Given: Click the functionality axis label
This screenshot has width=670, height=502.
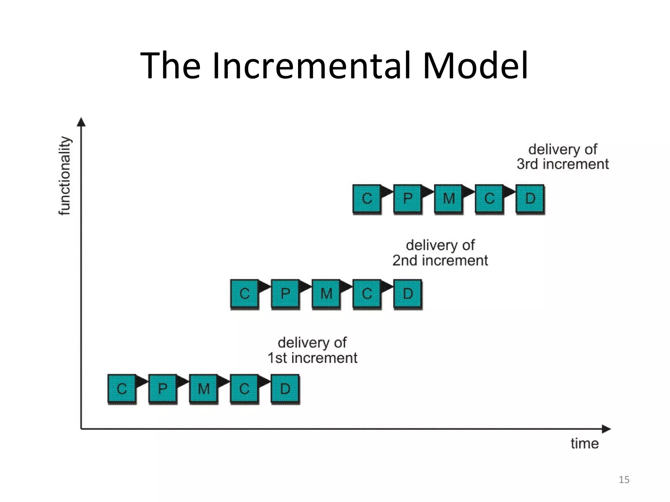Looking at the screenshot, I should click(x=65, y=176).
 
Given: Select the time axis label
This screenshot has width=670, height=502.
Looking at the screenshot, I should click(x=585, y=443).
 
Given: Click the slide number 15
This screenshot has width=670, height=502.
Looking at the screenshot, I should click(x=624, y=479).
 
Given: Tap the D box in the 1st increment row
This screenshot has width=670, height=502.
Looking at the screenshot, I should click(x=285, y=389).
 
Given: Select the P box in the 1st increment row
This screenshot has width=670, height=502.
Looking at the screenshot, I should click(x=163, y=389).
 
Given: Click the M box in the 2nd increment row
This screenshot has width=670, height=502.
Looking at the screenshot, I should click(x=326, y=293).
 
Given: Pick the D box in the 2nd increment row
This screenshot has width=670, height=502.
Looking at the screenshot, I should click(x=408, y=293).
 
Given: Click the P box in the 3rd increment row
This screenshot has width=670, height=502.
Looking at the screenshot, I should click(x=408, y=198).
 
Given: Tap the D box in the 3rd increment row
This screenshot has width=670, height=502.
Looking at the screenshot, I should click(x=530, y=198).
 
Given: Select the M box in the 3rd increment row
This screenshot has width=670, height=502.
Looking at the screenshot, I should click(x=449, y=198).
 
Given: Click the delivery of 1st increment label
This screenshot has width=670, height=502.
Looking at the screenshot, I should click(x=312, y=350).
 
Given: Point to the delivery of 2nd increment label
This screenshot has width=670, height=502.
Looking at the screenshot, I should click(x=440, y=253).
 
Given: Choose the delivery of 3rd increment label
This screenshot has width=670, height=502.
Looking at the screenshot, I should click(x=563, y=157).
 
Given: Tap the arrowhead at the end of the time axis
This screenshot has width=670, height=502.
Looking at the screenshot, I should click(x=606, y=429).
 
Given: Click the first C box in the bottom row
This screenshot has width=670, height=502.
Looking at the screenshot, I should click(x=122, y=389).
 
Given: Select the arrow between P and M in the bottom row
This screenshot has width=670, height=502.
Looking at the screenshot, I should click(x=183, y=381).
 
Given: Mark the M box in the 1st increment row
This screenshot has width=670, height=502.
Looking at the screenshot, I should click(x=203, y=389).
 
